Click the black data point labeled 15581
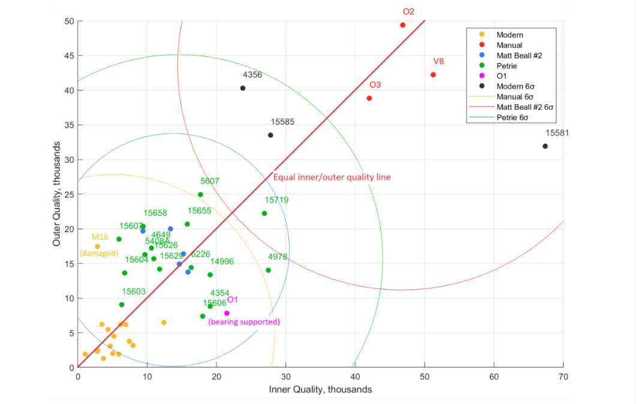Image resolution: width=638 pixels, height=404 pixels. [545, 146]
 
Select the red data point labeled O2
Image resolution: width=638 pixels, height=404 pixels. [403, 25]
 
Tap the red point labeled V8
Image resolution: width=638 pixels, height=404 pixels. [433, 75]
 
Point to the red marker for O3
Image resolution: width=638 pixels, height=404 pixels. [369, 98]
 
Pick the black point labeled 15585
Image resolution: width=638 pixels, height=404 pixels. [270, 135]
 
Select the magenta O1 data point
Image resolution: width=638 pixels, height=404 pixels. [227, 313]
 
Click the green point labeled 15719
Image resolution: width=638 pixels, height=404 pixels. [264, 213]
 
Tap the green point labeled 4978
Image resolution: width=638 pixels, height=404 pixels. [268, 270]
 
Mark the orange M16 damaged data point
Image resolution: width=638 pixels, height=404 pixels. [97, 246]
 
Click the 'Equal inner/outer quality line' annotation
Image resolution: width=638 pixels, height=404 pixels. [332, 177]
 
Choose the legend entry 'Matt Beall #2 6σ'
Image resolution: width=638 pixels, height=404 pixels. [525, 107]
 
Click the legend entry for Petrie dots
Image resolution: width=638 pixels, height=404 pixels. [507, 65]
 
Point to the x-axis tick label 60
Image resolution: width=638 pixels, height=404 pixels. [494, 378]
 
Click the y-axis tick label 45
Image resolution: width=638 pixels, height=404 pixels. [69, 56]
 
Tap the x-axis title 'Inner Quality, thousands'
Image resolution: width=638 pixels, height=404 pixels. [320, 390]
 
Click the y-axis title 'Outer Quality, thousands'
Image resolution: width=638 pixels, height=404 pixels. [57, 194]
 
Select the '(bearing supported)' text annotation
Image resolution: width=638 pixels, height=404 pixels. [244, 322]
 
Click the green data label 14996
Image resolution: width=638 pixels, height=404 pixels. [222, 261]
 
